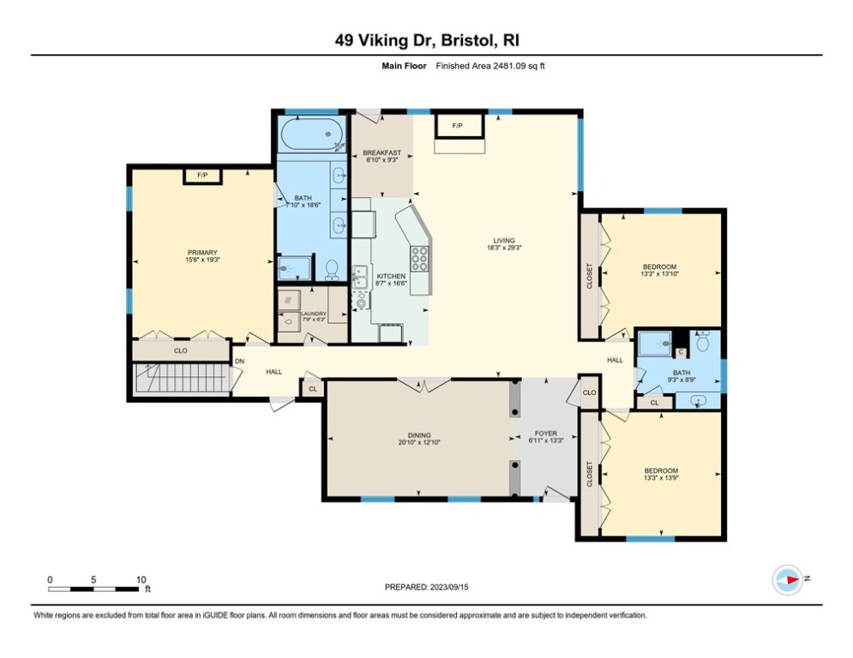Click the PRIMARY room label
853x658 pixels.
(201, 252)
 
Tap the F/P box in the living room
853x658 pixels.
(457, 126)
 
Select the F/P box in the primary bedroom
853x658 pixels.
(202, 176)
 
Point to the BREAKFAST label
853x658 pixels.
(381, 153)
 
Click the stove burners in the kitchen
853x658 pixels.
(421, 258)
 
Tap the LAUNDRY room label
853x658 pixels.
(313, 314)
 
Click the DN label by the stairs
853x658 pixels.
(240, 361)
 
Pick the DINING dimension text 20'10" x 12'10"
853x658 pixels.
(419, 443)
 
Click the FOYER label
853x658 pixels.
(545, 434)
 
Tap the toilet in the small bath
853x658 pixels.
(702, 344)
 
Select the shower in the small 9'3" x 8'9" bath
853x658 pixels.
(655, 344)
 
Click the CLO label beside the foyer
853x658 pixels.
(589, 392)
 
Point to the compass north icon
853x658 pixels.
(787, 578)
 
